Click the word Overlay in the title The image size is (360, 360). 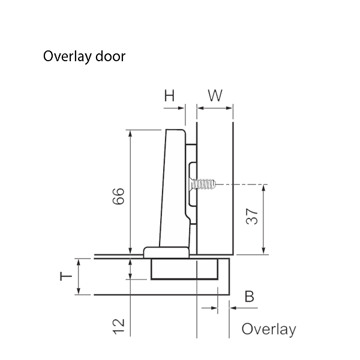[62, 57]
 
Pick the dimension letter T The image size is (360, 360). [67, 277]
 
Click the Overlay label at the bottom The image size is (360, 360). [268, 329]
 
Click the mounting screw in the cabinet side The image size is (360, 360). [203, 184]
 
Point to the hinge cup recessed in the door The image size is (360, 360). [184, 270]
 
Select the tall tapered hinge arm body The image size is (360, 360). [174, 186]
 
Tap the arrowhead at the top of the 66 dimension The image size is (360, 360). [130, 133]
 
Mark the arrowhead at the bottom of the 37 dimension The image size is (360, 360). [264, 252]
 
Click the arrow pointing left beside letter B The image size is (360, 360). [233, 307]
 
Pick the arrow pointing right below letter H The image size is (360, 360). [182, 108]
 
